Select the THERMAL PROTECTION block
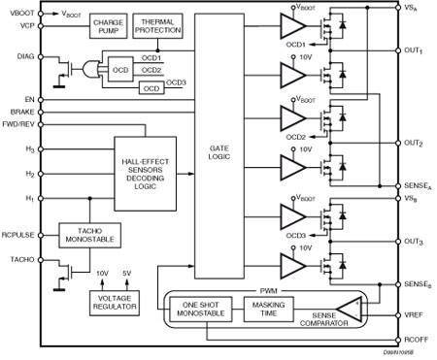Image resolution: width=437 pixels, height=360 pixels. (157, 25)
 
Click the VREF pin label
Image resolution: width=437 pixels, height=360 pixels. (417, 315)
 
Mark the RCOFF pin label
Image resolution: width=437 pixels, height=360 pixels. (417, 339)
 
